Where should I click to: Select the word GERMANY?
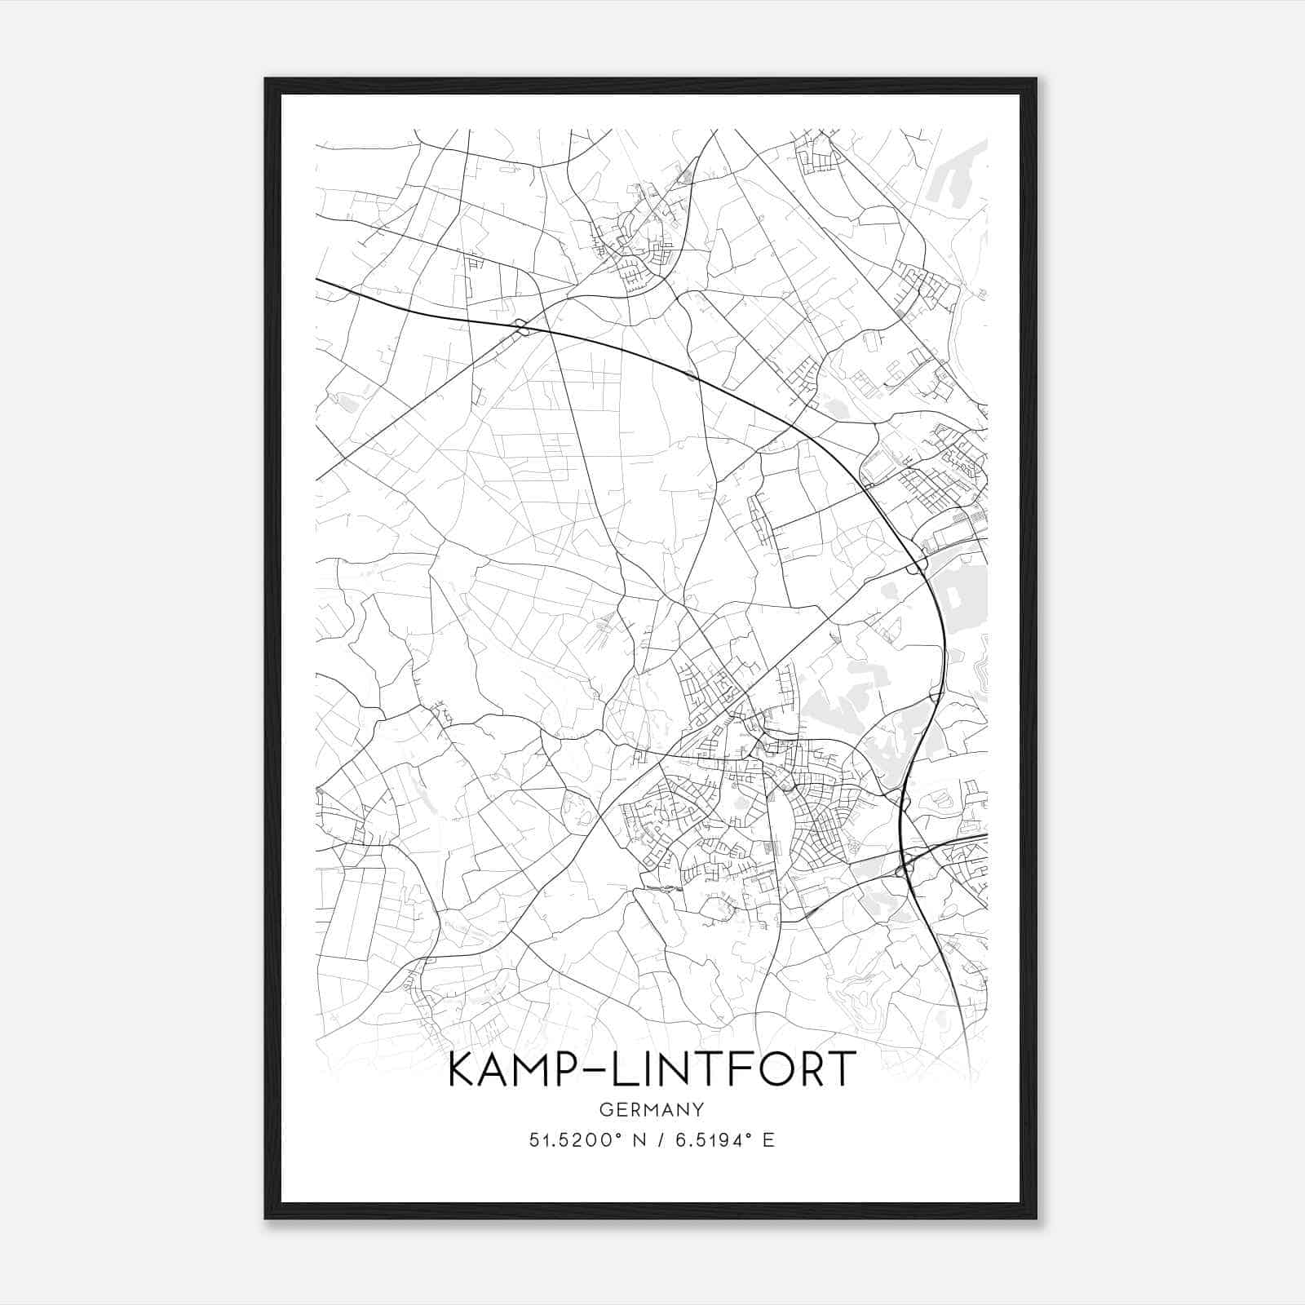pyautogui.click(x=652, y=1109)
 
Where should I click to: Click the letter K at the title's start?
pyautogui.click(x=462, y=1069)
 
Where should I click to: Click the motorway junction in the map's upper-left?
pyautogui.click(x=521, y=328)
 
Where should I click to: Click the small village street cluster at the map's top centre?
pyautogui.click(x=640, y=237)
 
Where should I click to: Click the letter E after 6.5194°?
pyautogui.click(x=768, y=1140)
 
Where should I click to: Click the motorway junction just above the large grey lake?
pyautogui.click(x=919, y=564)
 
